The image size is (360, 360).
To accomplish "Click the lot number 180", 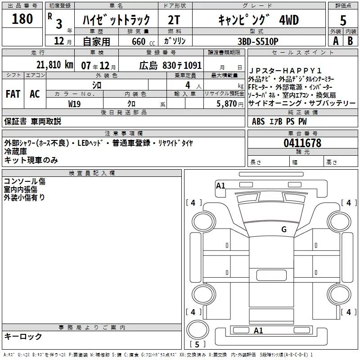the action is (22, 18).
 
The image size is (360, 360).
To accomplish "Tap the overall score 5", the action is (343, 20).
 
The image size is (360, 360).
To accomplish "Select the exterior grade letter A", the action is (336, 41).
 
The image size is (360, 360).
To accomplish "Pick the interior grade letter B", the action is (350, 41).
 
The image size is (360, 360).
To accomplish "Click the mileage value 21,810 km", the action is (54, 65).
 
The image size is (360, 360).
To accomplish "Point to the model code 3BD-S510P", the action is (258, 41).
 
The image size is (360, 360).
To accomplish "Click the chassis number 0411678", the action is (302, 143).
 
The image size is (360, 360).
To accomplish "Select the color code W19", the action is (74, 104).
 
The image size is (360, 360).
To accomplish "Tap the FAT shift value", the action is (13, 94).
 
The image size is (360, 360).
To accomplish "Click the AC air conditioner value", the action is (35, 94).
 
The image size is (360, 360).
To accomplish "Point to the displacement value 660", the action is (139, 41).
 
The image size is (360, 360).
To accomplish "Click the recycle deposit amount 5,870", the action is (226, 104).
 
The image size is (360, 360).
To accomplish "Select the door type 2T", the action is (174, 20).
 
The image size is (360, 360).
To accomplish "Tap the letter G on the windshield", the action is (284, 229).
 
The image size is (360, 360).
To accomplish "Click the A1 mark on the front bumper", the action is (220, 185).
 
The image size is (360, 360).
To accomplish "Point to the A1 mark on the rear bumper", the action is (258, 330).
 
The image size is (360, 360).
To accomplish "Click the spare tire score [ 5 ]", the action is (197, 344).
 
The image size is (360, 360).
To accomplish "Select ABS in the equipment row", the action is (258, 121).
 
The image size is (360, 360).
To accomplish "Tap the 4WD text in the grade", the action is (289, 20).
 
